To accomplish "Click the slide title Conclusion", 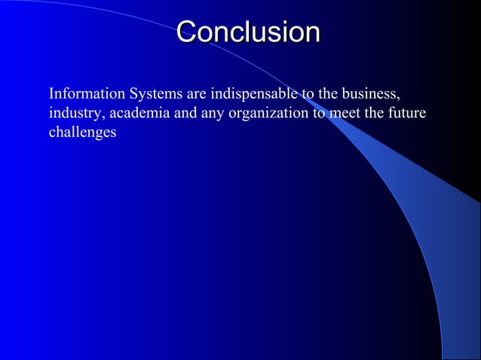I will click(248, 32).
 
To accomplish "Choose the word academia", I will click(130, 114).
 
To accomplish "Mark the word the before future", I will click(375, 114).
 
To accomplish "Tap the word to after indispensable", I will click(308, 96).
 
